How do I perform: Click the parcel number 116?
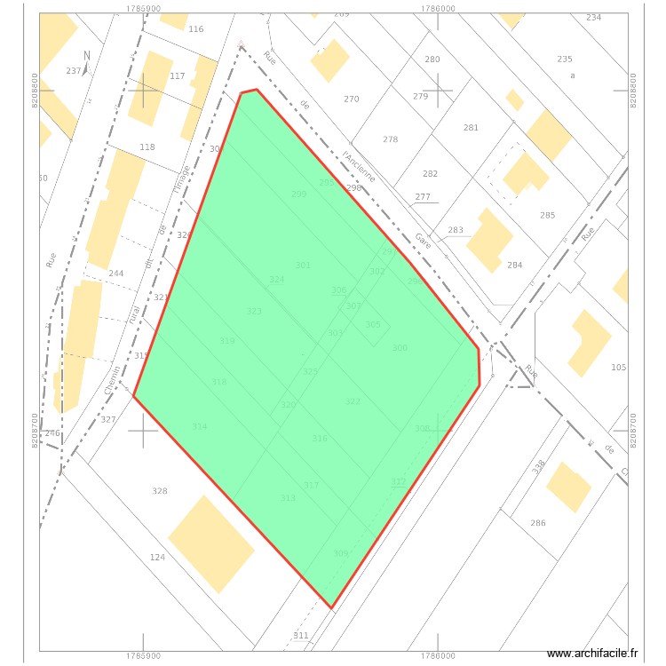195,29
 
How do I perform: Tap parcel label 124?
157,557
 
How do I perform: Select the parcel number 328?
160,491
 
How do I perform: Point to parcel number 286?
538,523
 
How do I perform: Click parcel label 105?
619,368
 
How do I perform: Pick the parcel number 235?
565,59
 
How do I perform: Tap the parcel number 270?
352,99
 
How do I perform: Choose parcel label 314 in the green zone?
200,427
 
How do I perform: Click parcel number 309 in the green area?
341,553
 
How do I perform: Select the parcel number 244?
115,274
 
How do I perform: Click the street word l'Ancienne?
360,166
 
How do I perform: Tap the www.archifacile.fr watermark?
592,654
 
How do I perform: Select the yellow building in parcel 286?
568,488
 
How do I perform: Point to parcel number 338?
538,465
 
